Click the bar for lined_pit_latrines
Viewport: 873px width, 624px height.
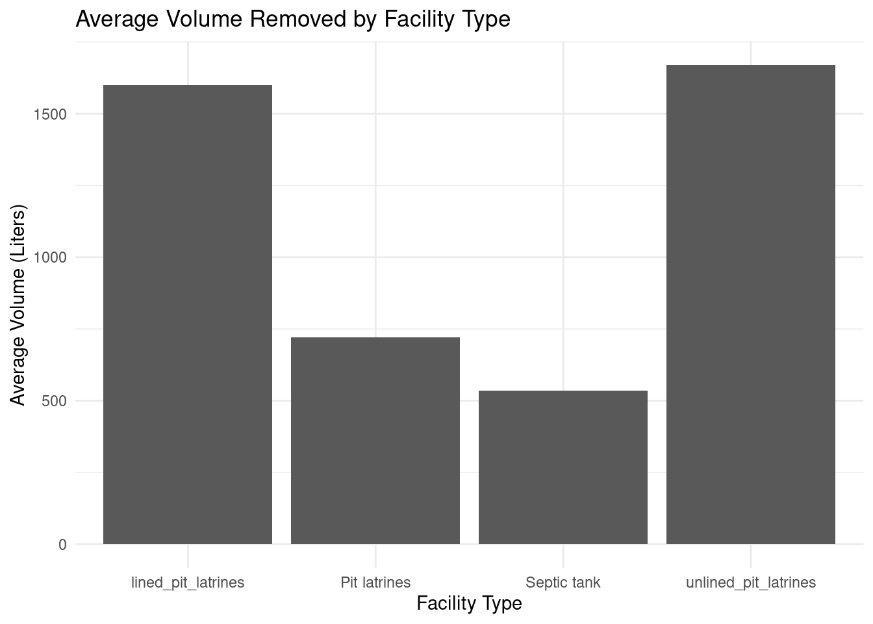pyautogui.click(x=188, y=315)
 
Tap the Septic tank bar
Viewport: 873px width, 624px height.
pyautogui.click(x=563, y=467)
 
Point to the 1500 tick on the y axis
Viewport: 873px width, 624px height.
pyautogui.click(x=49, y=114)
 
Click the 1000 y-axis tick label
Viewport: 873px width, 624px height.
pyautogui.click(x=49, y=257)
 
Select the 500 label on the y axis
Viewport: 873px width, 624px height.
pyautogui.click(x=53, y=401)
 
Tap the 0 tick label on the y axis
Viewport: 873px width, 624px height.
pyautogui.click(x=62, y=545)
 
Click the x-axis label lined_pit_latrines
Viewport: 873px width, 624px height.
pyautogui.click(x=188, y=582)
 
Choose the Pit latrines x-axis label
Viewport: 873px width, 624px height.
pyautogui.click(x=375, y=582)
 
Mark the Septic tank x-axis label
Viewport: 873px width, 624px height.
pyautogui.click(x=563, y=582)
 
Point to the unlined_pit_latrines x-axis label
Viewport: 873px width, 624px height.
pyautogui.click(x=751, y=582)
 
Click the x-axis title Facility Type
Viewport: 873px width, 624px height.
pyautogui.click(x=469, y=603)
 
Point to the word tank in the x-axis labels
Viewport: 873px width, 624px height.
pyautogui.click(x=586, y=582)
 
